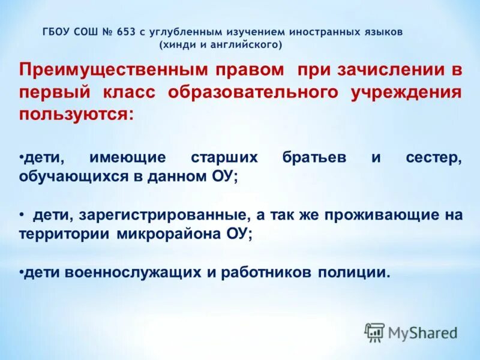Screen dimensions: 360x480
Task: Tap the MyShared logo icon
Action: pyautogui.click(x=375, y=331)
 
